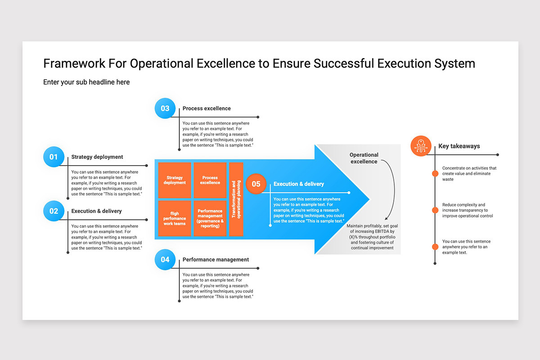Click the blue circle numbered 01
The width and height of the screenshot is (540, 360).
pyautogui.click(x=54, y=157)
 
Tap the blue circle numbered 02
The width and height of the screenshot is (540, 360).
pyautogui.click(x=54, y=211)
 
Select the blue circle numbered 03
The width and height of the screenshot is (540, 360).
pyautogui.click(x=165, y=108)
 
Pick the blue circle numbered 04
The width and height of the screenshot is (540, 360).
pyautogui.click(x=165, y=260)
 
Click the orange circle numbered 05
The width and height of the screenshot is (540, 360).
pyautogui.click(x=256, y=184)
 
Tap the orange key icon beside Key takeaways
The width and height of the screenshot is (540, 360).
pyautogui.click(x=421, y=146)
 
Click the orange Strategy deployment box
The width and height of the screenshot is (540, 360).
pyautogui.click(x=175, y=180)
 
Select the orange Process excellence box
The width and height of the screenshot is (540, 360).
pyautogui.click(x=210, y=180)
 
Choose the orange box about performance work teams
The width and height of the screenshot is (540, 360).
pyautogui.click(x=175, y=218)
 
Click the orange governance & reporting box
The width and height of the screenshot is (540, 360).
pyautogui.click(x=210, y=218)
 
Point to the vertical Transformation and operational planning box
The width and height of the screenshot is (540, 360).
pyautogui.click(x=236, y=199)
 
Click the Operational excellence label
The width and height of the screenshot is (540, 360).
pyautogui.click(x=364, y=158)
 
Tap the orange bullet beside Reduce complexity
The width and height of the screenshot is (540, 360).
pyautogui.click(x=435, y=210)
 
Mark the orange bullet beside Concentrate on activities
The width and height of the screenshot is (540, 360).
pyautogui.click(x=435, y=174)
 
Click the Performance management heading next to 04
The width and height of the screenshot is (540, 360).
pyautogui.click(x=216, y=260)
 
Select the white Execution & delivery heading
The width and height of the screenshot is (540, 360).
pyautogui.click(x=299, y=184)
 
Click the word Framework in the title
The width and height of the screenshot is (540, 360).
pyautogui.click(x=74, y=63)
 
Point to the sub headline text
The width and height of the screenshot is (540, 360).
pyautogui.click(x=86, y=82)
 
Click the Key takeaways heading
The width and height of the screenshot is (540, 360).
pyautogui.click(x=459, y=146)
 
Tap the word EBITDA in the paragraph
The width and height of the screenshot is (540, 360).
pyautogui.click(x=379, y=231)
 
